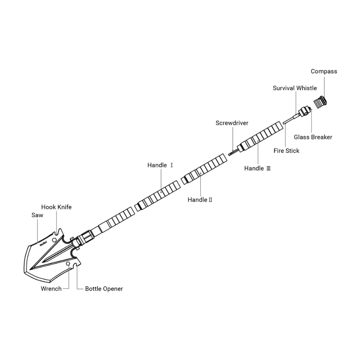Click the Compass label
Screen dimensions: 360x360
[324, 71]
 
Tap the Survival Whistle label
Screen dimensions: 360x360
[295, 88]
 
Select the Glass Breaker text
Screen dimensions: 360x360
[313, 137]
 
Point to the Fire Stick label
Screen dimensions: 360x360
[286, 150]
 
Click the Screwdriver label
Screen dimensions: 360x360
[232, 123]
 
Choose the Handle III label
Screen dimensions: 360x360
[257, 168]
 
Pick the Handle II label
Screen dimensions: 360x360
[200, 200]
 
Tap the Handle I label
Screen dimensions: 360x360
[160, 165]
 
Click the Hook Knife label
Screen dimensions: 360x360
[56, 207]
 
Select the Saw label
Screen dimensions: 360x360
[37, 215]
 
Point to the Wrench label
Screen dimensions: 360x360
[51, 289]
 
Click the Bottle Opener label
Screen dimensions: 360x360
[104, 289]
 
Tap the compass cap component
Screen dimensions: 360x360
[320, 102]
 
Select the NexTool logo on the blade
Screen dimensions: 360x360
[43, 243]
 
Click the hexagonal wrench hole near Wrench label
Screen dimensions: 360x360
[68, 264]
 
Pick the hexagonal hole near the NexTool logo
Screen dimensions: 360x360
[54, 240]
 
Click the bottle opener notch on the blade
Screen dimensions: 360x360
[77, 266]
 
